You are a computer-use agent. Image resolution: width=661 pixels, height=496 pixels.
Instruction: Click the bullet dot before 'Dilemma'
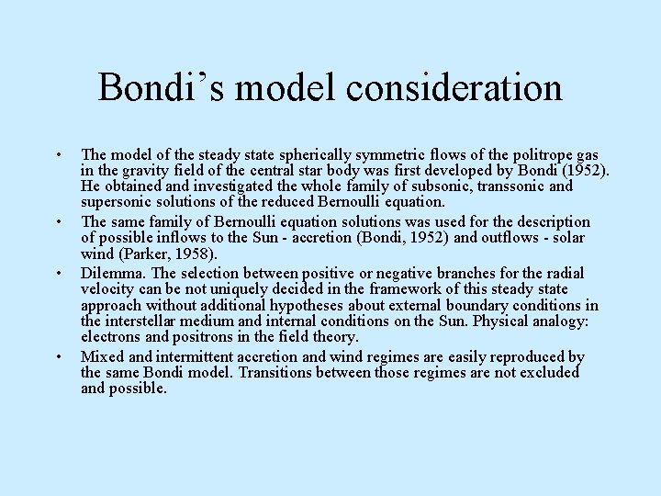[x=57, y=275]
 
